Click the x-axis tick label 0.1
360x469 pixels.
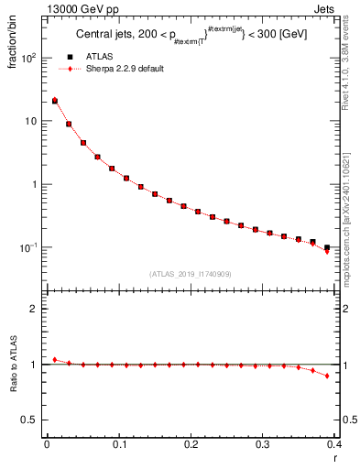118,444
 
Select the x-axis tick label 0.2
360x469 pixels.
191,444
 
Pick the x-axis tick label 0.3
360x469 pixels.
263,444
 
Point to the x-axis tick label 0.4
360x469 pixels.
333,444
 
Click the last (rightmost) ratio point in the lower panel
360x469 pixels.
327,376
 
